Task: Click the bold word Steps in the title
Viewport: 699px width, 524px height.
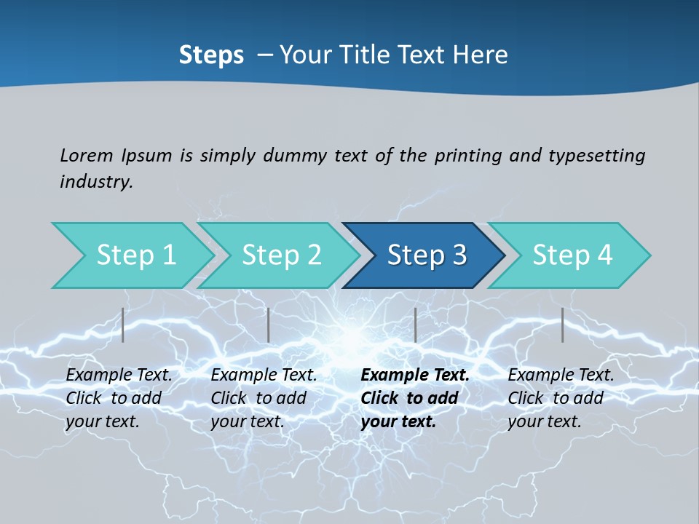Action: (211, 55)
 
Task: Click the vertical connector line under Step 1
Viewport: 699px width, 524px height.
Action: (123, 325)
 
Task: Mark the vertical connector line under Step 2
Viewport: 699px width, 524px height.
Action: (269, 325)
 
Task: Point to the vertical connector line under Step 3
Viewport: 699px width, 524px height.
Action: (415, 325)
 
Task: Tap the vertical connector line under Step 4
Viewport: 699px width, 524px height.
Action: (562, 325)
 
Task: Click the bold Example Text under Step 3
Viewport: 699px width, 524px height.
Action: (415, 375)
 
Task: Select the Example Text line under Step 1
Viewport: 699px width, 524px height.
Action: (119, 375)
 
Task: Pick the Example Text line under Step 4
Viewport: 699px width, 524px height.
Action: (561, 375)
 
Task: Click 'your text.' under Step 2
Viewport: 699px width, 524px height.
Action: (247, 421)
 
